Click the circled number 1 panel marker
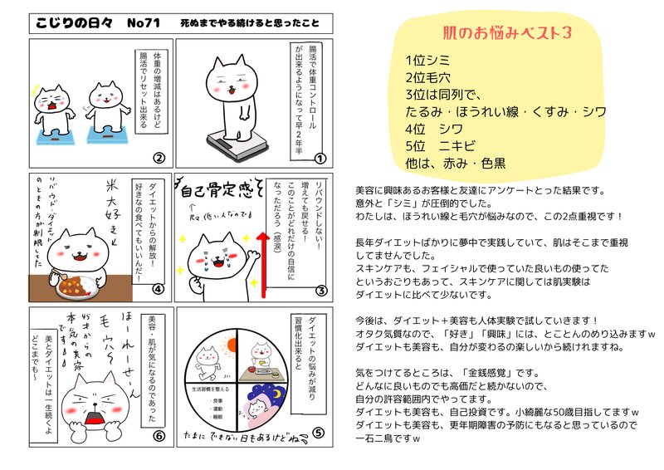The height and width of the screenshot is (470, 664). (318, 157)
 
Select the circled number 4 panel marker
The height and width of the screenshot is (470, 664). (159, 290)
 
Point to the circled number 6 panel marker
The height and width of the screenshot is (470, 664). (159, 432)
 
